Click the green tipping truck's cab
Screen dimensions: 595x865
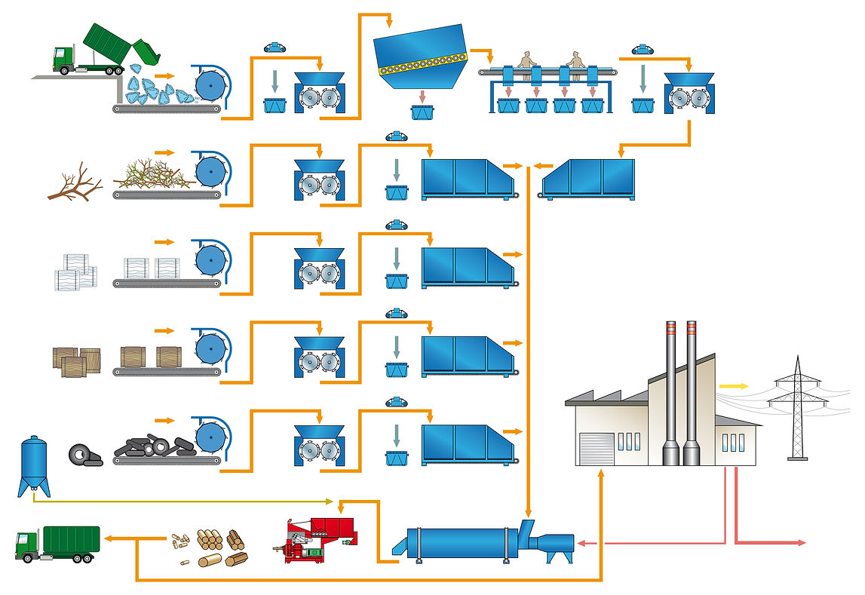[63, 59]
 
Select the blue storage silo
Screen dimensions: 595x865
[33, 465]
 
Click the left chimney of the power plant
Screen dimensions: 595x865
[670, 392]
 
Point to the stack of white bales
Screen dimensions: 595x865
[75, 271]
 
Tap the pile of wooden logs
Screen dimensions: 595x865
[221, 540]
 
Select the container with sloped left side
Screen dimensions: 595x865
[588, 179]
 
